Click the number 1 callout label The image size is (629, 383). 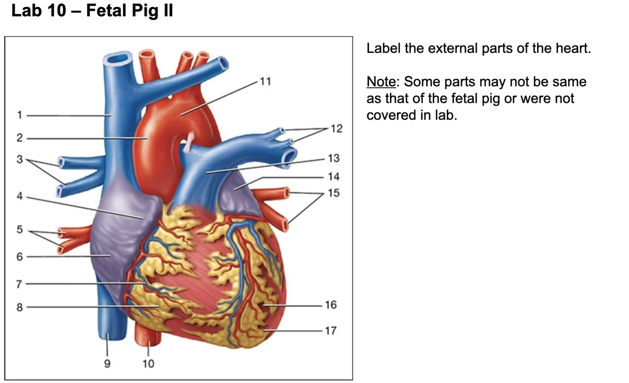click(19, 115)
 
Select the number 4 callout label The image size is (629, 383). click(19, 196)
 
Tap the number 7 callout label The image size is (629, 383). click(19, 284)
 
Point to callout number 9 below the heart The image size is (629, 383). click(107, 364)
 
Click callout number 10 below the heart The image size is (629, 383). click(148, 364)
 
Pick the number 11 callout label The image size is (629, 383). click(265, 81)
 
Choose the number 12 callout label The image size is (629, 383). click(336, 128)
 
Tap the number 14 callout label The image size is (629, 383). click(333, 177)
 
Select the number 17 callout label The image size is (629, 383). click(330, 331)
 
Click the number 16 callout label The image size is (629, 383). click(330, 305)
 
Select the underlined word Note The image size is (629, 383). click(381, 82)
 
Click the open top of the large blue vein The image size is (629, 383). click(117, 58)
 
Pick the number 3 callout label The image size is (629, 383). click(19, 159)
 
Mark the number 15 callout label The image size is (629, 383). click(333, 193)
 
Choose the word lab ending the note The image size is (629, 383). click(445, 115)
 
